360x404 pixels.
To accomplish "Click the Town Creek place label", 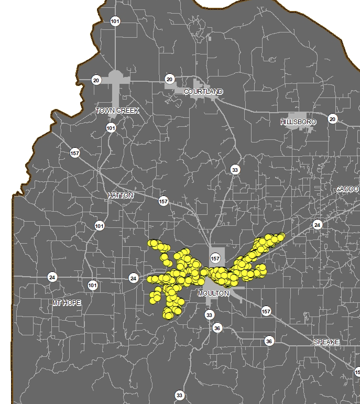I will pyautogui.click(x=117, y=111).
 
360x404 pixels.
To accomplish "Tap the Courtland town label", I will pyautogui.click(x=203, y=92).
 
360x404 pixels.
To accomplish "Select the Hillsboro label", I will pyautogui.click(x=298, y=122).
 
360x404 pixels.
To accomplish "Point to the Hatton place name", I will pyautogui.click(x=121, y=195).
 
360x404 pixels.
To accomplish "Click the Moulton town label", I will pyautogui.click(x=213, y=293).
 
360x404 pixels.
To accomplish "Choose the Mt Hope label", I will pyautogui.click(x=67, y=303).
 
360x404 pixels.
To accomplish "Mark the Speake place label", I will pyautogui.click(x=326, y=342).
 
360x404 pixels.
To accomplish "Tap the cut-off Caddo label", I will pyautogui.click(x=347, y=189).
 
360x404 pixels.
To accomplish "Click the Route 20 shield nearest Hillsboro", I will pyautogui.click(x=332, y=119).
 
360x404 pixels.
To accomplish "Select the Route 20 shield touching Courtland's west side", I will pyautogui.click(x=169, y=79).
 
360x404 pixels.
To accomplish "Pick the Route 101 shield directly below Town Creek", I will pyautogui.click(x=111, y=128).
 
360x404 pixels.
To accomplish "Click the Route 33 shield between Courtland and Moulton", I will pyautogui.click(x=235, y=170).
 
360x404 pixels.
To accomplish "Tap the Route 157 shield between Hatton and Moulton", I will pyautogui.click(x=163, y=201).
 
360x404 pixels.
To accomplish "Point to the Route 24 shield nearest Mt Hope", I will pyautogui.click(x=52, y=277).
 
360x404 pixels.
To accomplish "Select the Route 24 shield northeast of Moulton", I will pyautogui.click(x=317, y=225).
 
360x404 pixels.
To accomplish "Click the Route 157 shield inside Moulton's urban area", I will pyautogui.click(x=215, y=258).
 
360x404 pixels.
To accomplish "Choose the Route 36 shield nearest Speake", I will pyautogui.click(x=269, y=341).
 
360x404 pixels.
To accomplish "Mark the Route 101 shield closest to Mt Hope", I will pyautogui.click(x=93, y=286).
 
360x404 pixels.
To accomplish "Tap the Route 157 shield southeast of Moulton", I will pyautogui.click(x=266, y=312).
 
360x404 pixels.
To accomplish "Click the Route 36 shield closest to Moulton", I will pyautogui.click(x=217, y=328).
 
